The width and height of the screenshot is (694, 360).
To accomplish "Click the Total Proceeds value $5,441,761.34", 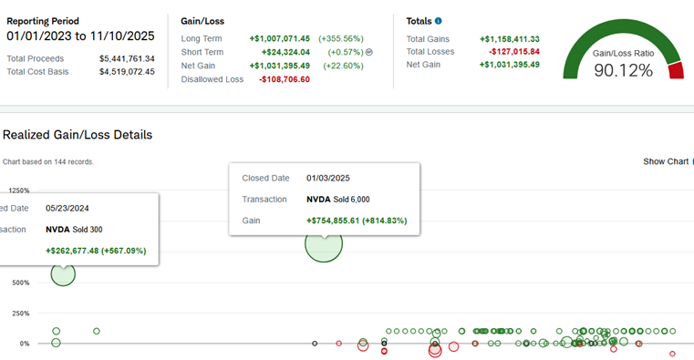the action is (x=127, y=59).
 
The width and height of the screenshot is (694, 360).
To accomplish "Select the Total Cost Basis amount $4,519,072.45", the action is (x=127, y=72).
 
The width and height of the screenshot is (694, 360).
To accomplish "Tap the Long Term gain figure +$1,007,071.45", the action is (x=280, y=39).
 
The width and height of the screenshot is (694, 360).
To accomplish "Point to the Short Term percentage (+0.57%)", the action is (x=346, y=52).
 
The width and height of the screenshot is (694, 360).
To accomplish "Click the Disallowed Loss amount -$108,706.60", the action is (x=285, y=79).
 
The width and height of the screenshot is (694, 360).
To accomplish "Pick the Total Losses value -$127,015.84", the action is (x=514, y=52).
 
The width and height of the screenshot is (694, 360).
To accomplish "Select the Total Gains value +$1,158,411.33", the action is (x=510, y=39).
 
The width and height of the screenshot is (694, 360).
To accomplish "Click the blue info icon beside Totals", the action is (x=438, y=21).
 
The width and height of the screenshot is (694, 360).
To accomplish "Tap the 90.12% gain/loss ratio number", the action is (x=623, y=70).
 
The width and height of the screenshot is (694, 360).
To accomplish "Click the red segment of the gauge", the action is (x=677, y=71).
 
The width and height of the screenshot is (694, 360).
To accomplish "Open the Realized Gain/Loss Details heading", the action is (x=78, y=135).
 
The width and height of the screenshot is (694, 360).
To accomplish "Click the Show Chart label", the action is (x=666, y=162).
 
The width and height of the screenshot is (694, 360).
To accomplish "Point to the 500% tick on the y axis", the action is (x=21, y=283).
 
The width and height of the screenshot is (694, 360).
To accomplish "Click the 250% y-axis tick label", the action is (x=21, y=314).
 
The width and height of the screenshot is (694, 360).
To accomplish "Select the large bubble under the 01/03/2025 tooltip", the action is (x=324, y=243).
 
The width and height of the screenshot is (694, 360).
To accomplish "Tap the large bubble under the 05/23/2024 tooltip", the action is (x=63, y=274).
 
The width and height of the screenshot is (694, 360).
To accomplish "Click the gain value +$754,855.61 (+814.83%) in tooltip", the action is (x=357, y=221).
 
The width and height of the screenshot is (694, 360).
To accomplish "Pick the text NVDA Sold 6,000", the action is (x=338, y=200).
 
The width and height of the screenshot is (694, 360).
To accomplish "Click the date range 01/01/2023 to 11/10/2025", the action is (x=80, y=36).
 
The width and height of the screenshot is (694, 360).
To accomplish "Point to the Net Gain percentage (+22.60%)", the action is (x=344, y=66).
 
